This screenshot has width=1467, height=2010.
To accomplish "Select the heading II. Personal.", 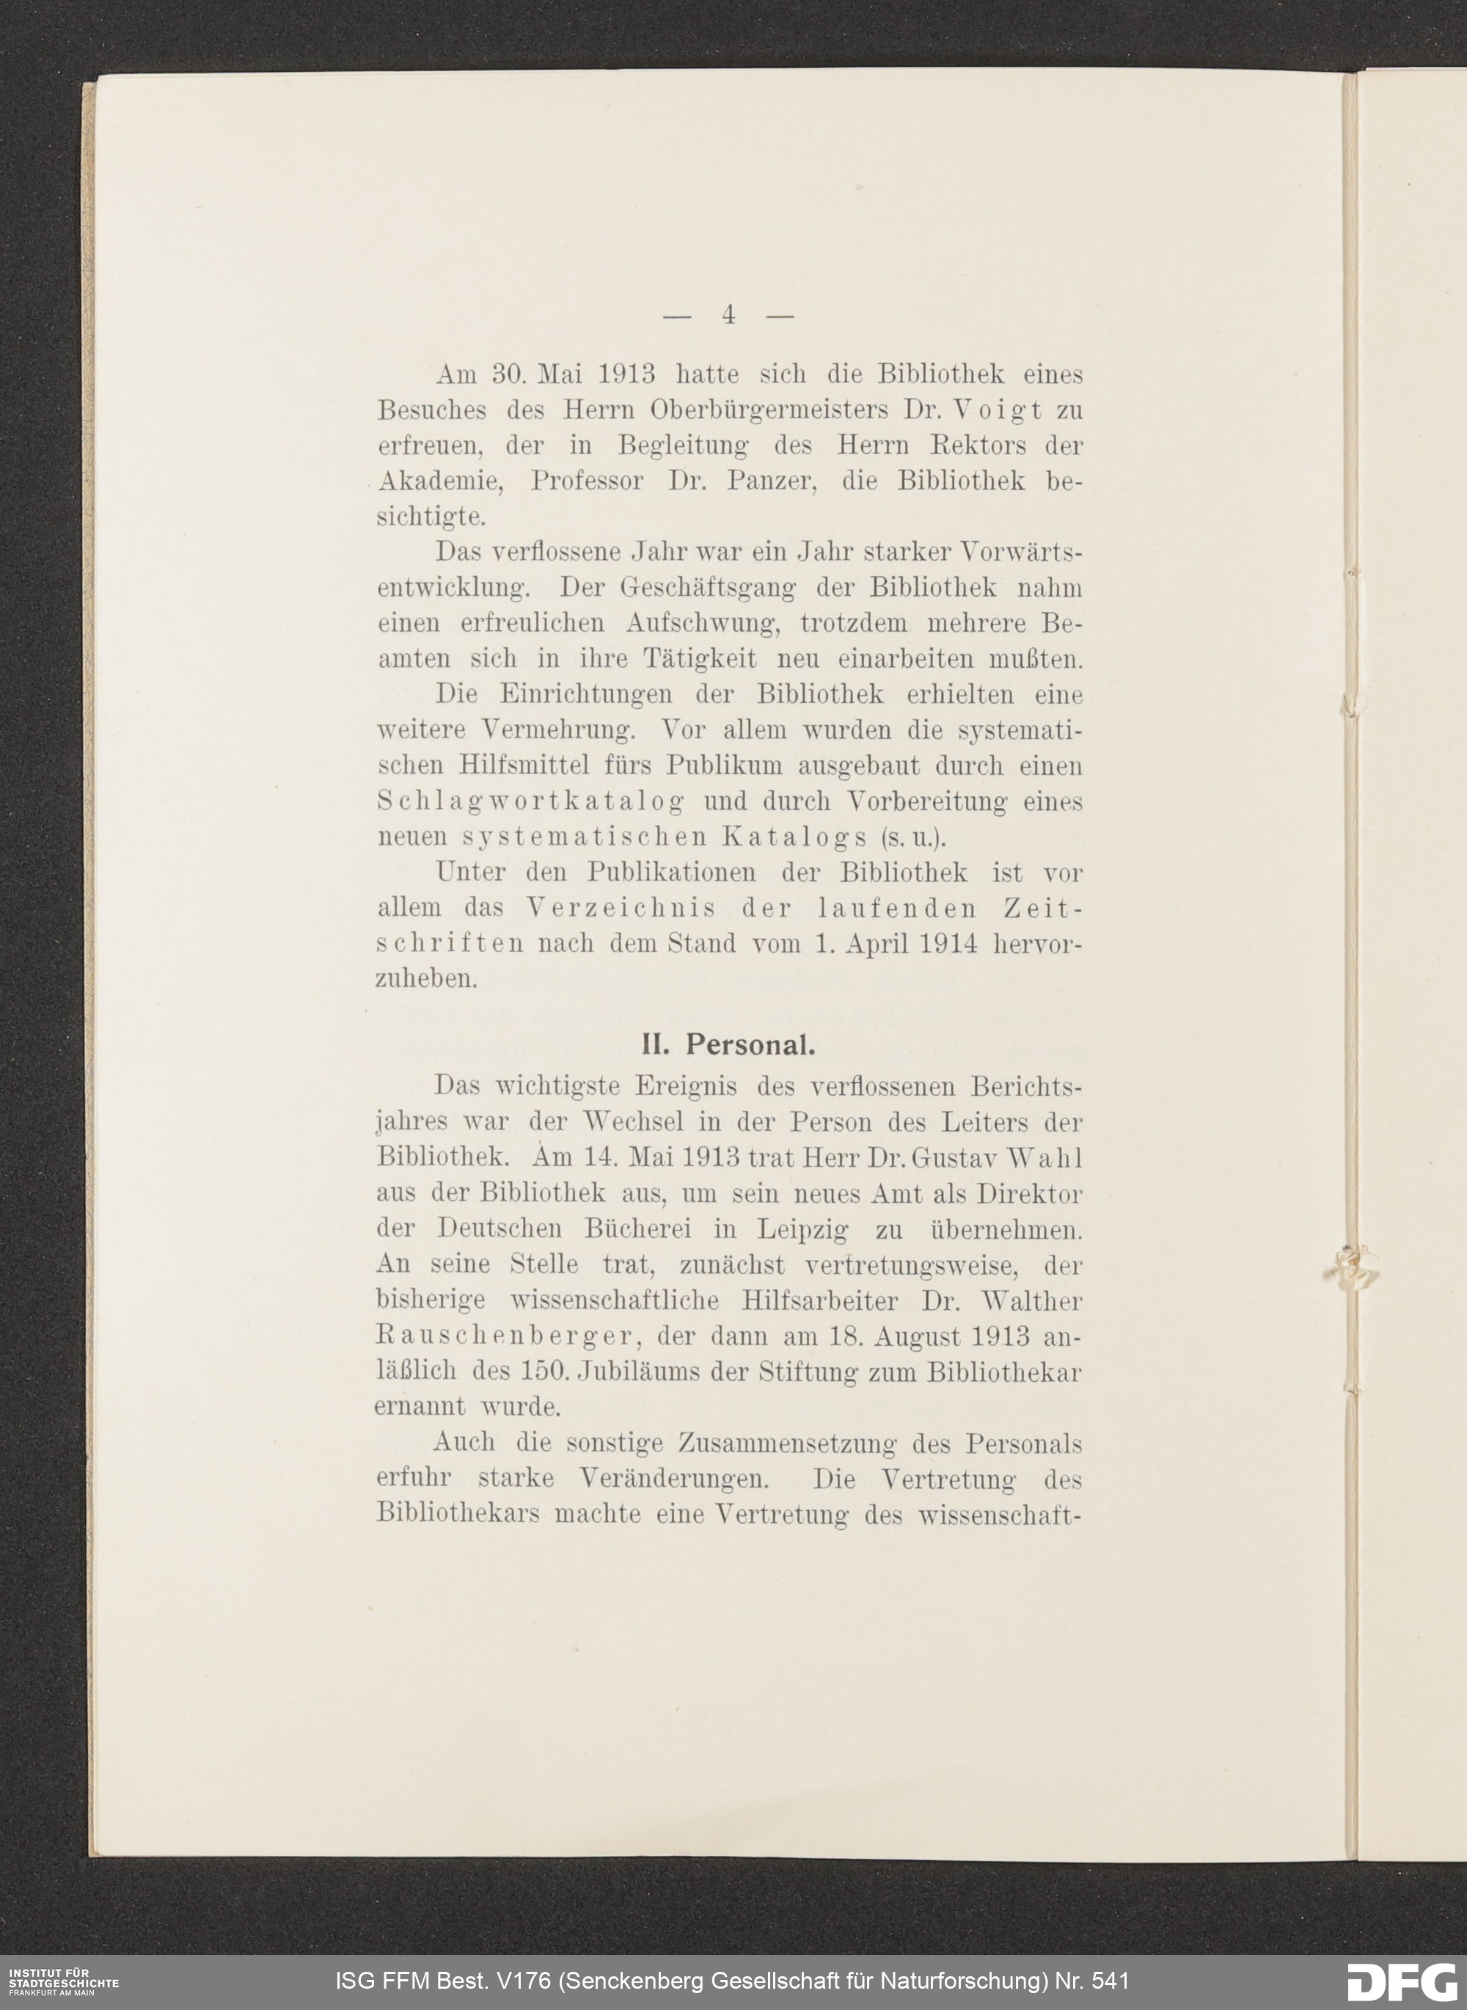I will pos(728,1046).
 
